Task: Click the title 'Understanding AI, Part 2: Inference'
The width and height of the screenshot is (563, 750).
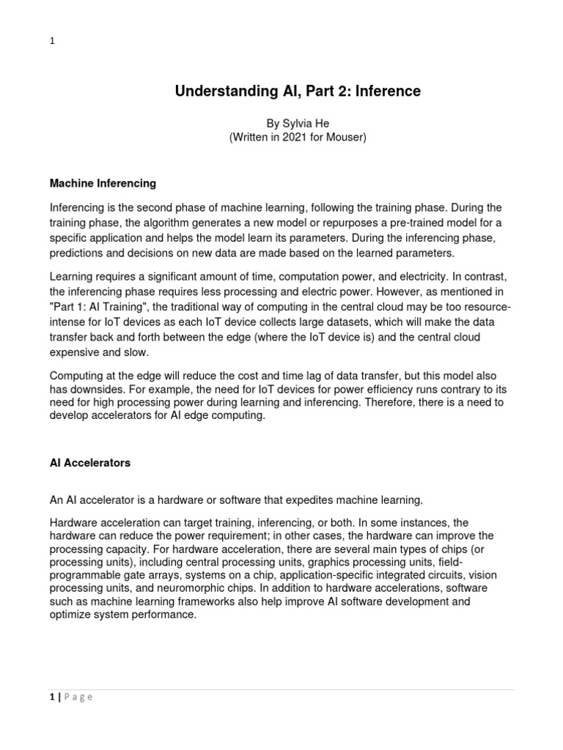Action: [297, 92]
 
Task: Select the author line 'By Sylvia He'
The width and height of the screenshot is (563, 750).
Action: [297, 124]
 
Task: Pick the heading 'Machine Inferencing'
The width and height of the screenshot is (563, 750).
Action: [102, 183]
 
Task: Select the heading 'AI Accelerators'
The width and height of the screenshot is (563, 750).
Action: [89, 463]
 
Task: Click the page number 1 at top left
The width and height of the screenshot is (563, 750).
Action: [52, 42]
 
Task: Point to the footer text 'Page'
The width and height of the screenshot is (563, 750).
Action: [78, 697]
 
